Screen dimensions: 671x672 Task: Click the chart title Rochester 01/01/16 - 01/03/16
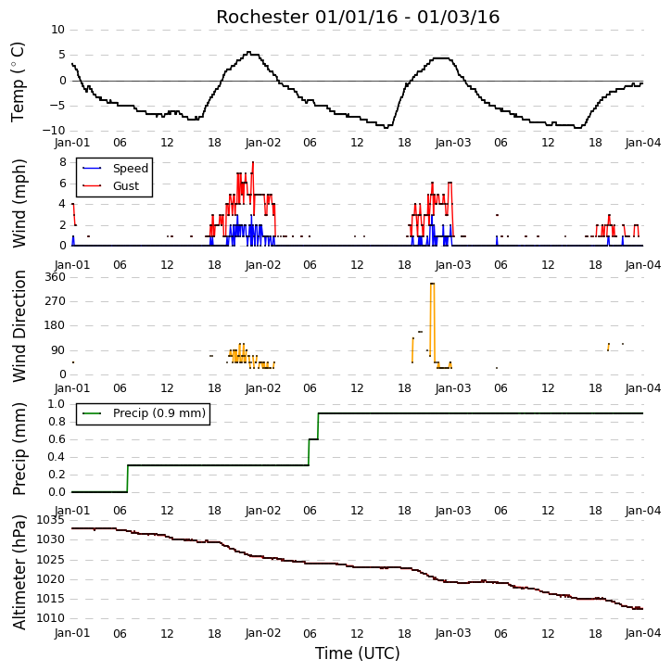pyautogui.click(x=358, y=17)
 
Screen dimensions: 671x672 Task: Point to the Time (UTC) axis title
pyautogui.click(x=358, y=653)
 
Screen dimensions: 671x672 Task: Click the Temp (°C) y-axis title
pyautogui.click(x=18, y=82)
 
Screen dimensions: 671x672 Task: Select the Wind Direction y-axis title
pyautogui.click(x=19, y=326)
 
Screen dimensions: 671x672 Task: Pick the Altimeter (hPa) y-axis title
pyautogui.click(x=19, y=573)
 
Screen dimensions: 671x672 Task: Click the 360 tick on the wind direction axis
pyautogui.click(x=56, y=277)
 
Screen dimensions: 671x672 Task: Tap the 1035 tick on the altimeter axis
pyautogui.click(x=50, y=520)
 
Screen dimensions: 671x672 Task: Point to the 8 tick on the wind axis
pyautogui.click(x=62, y=162)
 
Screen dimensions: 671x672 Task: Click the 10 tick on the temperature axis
pyautogui.click(x=57, y=30)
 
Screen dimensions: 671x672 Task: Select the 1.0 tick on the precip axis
pyautogui.click(x=57, y=404)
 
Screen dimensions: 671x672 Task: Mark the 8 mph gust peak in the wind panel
pyautogui.click(x=253, y=162)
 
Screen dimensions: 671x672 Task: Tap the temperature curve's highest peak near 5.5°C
pyautogui.click(x=249, y=52)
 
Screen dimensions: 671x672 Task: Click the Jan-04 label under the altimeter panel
pyautogui.click(x=642, y=633)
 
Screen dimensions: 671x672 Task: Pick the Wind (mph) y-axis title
pyautogui.click(x=19, y=203)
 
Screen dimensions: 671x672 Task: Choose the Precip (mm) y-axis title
pyautogui.click(x=19, y=449)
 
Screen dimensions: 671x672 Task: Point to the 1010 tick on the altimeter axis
pyautogui.click(x=50, y=618)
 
